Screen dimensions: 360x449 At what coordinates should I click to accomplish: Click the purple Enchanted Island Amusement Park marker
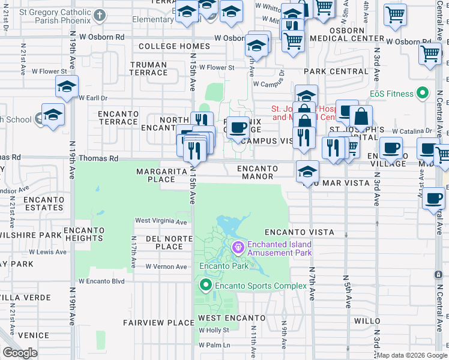pos(238,247)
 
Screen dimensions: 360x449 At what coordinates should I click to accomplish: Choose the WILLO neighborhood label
pos(367,320)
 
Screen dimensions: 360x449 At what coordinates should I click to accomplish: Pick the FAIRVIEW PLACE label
pos(150,322)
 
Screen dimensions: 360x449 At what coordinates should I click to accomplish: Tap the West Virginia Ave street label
pos(161,221)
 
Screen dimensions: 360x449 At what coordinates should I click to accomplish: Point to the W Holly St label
pos(214,330)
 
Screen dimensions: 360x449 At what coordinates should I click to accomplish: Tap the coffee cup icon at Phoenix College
pos(238,127)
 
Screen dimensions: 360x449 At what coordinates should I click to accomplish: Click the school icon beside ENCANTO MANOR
pos(307,171)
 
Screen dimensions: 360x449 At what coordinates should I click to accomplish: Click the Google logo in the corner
pos(20,353)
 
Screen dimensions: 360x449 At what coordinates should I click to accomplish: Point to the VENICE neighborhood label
pos(33,335)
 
